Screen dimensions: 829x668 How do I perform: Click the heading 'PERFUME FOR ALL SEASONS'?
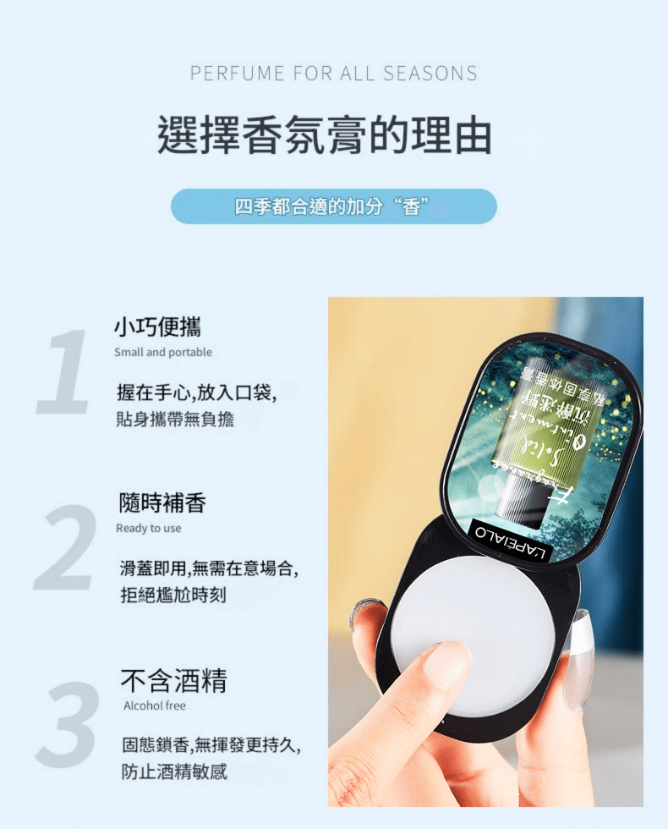(x=333, y=74)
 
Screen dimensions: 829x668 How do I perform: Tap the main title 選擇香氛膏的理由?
(x=325, y=136)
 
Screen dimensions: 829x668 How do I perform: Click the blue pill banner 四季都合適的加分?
(x=333, y=206)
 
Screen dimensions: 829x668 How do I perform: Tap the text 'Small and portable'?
(x=163, y=352)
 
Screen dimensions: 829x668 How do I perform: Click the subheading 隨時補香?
(x=162, y=503)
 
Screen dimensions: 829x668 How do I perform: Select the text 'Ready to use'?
(x=149, y=528)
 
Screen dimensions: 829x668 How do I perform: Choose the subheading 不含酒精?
(x=173, y=679)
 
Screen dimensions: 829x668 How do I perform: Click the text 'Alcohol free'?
(x=155, y=705)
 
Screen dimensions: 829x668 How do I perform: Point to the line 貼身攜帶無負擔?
(x=175, y=420)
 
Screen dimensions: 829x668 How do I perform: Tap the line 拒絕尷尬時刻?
(x=172, y=596)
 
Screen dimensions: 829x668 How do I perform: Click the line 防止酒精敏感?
(x=174, y=771)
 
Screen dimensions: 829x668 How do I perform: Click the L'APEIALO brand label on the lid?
(x=512, y=541)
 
